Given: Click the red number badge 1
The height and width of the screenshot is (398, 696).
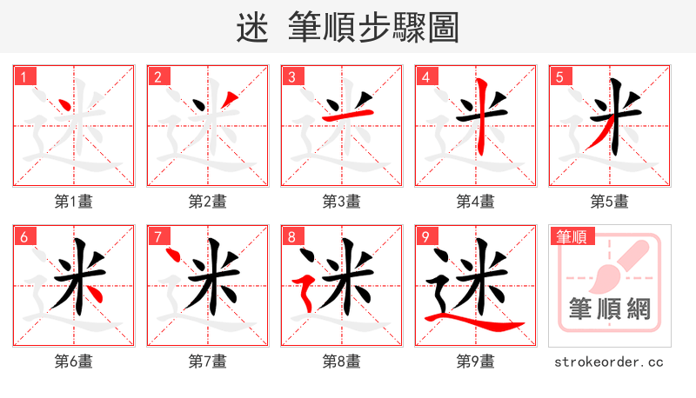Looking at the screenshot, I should click(x=23, y=76).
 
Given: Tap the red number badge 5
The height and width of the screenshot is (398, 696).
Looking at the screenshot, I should click(x=559, y=76).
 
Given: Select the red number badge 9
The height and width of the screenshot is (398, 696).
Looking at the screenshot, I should click(x=425, y=236).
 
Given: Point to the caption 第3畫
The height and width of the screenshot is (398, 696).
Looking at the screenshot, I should click(x=341, y=202).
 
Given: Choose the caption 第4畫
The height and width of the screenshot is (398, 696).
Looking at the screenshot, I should click(x=475, y=202).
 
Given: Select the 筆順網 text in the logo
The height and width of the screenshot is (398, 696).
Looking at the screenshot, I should click(x=609, y=308).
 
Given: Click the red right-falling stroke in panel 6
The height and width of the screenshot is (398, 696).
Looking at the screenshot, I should click(x=97, y=294).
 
